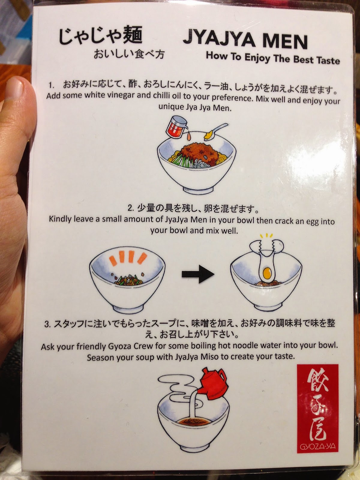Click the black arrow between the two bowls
[198, 274]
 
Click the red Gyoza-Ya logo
[317, 409]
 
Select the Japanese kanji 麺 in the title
[132, 34]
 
